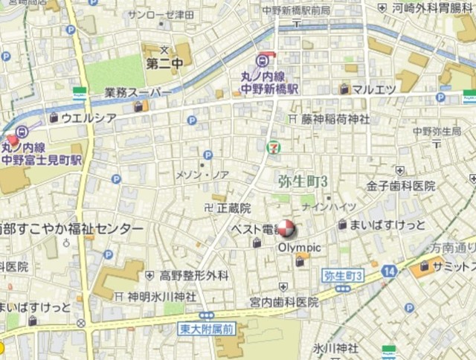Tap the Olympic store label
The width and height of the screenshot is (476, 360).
coord(299,247)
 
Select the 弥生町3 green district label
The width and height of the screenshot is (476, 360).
coord(303,181)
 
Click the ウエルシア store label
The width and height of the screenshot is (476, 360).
coord(88,118)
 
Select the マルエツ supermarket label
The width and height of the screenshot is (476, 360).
coord(373,89)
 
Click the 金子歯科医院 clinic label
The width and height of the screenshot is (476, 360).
coord(400,185)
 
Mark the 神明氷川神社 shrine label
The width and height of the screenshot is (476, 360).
coord(161,296)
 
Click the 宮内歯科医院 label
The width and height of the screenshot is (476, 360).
coord(283,301)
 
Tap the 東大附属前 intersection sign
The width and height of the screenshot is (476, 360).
coord(206,327)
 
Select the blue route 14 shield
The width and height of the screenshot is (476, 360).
coord(388,272)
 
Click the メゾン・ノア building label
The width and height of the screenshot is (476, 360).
coord(202,175)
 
